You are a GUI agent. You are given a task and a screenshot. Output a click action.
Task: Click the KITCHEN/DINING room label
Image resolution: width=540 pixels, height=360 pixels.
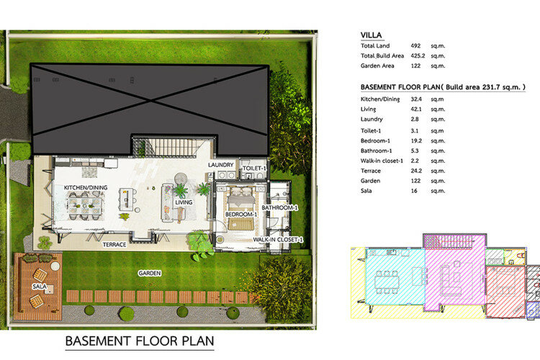tap(86, 187)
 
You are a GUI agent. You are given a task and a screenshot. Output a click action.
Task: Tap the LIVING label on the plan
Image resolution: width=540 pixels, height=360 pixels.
tap(184, 202)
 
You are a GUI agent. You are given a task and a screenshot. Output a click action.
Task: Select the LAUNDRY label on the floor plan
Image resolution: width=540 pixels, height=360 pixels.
tap(221, 165)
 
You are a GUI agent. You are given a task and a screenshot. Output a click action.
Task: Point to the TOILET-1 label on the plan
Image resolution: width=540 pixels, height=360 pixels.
tap(254, 168)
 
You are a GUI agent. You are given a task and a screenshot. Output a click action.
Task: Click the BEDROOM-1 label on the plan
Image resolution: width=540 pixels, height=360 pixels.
tap(241, 215)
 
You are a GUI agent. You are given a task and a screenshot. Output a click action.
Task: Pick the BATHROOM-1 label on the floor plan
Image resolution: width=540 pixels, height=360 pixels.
tap(279, 207)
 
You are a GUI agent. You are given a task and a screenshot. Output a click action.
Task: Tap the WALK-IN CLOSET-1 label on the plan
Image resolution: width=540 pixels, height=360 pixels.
tap(278, 240)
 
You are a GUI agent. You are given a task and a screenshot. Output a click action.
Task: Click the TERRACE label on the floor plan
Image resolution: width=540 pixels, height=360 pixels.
tap(114, 245)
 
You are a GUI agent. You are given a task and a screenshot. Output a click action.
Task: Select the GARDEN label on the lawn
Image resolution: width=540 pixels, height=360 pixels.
tap(150, 273)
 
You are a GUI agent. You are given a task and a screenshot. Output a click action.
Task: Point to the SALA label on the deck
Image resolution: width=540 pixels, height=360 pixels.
tap(40, 287)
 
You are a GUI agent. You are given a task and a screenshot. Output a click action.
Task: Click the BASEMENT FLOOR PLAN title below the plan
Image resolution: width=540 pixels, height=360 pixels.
tap(140, 341)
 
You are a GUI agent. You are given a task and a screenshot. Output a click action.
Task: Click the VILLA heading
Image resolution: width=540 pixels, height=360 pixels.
tap(371, 35)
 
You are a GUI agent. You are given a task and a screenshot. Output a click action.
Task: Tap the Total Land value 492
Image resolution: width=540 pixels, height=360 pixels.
tap(415, 46)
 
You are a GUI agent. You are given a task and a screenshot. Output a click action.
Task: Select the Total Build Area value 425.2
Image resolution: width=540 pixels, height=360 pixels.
tap(418, 56)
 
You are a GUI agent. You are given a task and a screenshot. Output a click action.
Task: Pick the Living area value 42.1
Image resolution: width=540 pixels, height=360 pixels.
tap(416, 109)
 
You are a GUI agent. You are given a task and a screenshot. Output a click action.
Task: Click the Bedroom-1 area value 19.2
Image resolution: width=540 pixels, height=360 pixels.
tap(416, 141)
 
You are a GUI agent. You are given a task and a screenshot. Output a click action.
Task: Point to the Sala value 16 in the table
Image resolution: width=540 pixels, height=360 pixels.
tap(414, 191)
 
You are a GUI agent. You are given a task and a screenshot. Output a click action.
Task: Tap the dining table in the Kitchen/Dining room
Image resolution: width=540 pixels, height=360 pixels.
tap(85, 206)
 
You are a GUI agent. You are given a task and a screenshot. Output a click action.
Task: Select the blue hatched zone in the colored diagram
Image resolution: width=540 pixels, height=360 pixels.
tap(532, 310)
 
